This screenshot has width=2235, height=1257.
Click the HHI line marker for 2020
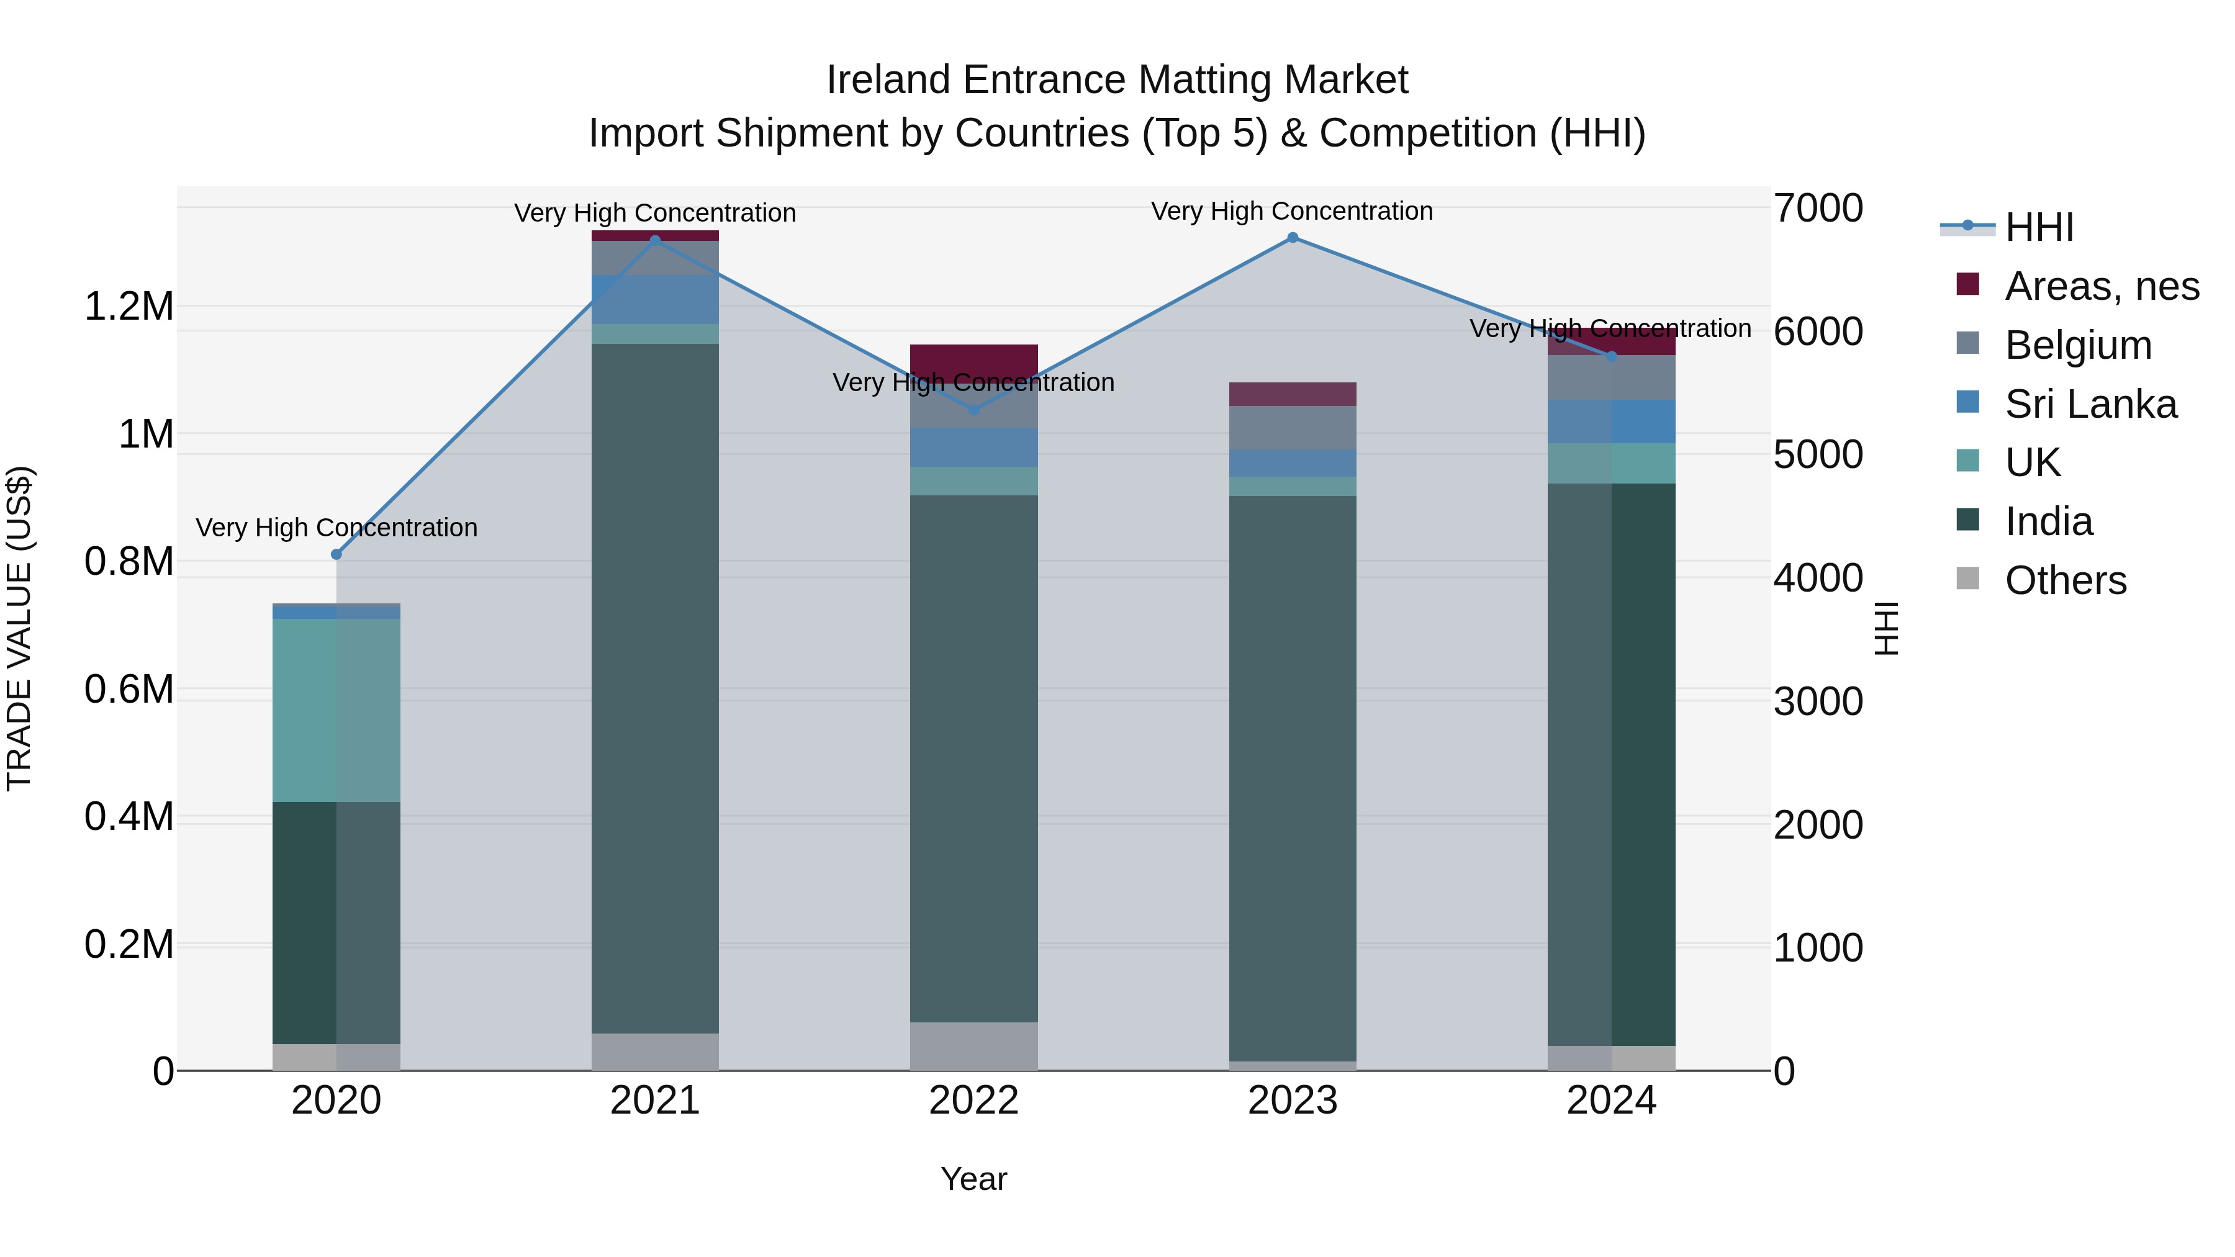coord(336,554)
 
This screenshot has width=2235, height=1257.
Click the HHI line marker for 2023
coord(1293,238)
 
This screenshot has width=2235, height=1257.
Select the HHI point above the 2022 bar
coord(973,410)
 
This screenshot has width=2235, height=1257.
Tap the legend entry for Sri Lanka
coord(2091,404)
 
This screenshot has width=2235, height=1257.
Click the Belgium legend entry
coord(2078,345)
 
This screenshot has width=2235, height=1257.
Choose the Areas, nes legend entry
coord(2102,286)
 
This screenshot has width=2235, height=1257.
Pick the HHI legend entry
coord(2039,227)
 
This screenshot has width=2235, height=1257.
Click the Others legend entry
coord(2065,580)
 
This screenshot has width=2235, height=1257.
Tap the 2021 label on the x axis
coord(655,1101)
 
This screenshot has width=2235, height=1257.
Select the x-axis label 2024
coord(1611,1101)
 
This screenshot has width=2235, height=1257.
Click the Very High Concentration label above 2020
coord(336,528)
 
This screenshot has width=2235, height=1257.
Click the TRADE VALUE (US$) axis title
coord(19,628)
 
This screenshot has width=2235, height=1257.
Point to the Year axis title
coord(973,1179)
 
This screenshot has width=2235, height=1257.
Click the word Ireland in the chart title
coord(889,80)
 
